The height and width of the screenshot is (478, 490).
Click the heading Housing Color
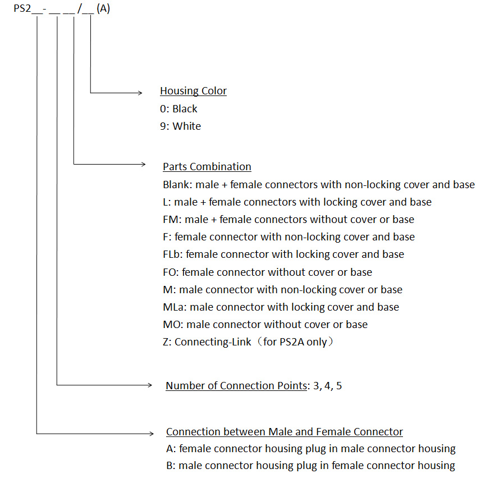pos(193,91)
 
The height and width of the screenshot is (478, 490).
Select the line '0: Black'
pos(178,108)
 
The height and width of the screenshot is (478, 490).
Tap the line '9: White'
pos(180,126)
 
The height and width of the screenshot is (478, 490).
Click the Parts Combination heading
pos(207,167)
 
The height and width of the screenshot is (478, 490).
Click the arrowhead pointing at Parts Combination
pos(143,165)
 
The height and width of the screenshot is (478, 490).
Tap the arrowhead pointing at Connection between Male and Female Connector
pos(150,433)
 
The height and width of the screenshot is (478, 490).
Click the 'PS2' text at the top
pos(22,10)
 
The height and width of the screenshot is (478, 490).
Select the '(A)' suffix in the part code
pos(103,10)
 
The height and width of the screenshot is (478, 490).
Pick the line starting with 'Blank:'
pos(318,185)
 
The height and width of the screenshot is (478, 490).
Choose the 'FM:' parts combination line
pos(288,220)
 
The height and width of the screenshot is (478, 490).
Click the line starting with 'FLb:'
pos(283,254)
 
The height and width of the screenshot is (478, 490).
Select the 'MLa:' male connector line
pos(281,307)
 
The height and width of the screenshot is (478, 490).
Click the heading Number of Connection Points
pos(237,386)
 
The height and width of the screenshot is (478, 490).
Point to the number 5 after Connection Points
pos(338,386)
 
